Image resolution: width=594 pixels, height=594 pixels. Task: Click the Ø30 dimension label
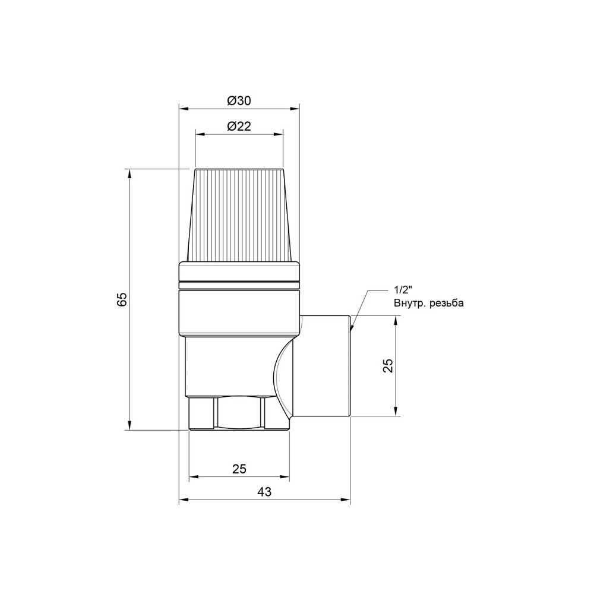(239, 101)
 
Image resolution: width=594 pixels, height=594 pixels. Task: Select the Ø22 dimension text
(239, 126)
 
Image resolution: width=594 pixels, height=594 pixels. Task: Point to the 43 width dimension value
(264, 492)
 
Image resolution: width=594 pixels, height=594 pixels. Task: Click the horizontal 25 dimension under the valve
(239, 469)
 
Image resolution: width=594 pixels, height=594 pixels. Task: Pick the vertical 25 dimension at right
(388, 365)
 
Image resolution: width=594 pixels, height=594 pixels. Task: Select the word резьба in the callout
(447, 303)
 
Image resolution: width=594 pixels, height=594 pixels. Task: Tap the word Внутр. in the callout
(410, 303)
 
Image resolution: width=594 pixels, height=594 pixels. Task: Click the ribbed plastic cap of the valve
(239, 215)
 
